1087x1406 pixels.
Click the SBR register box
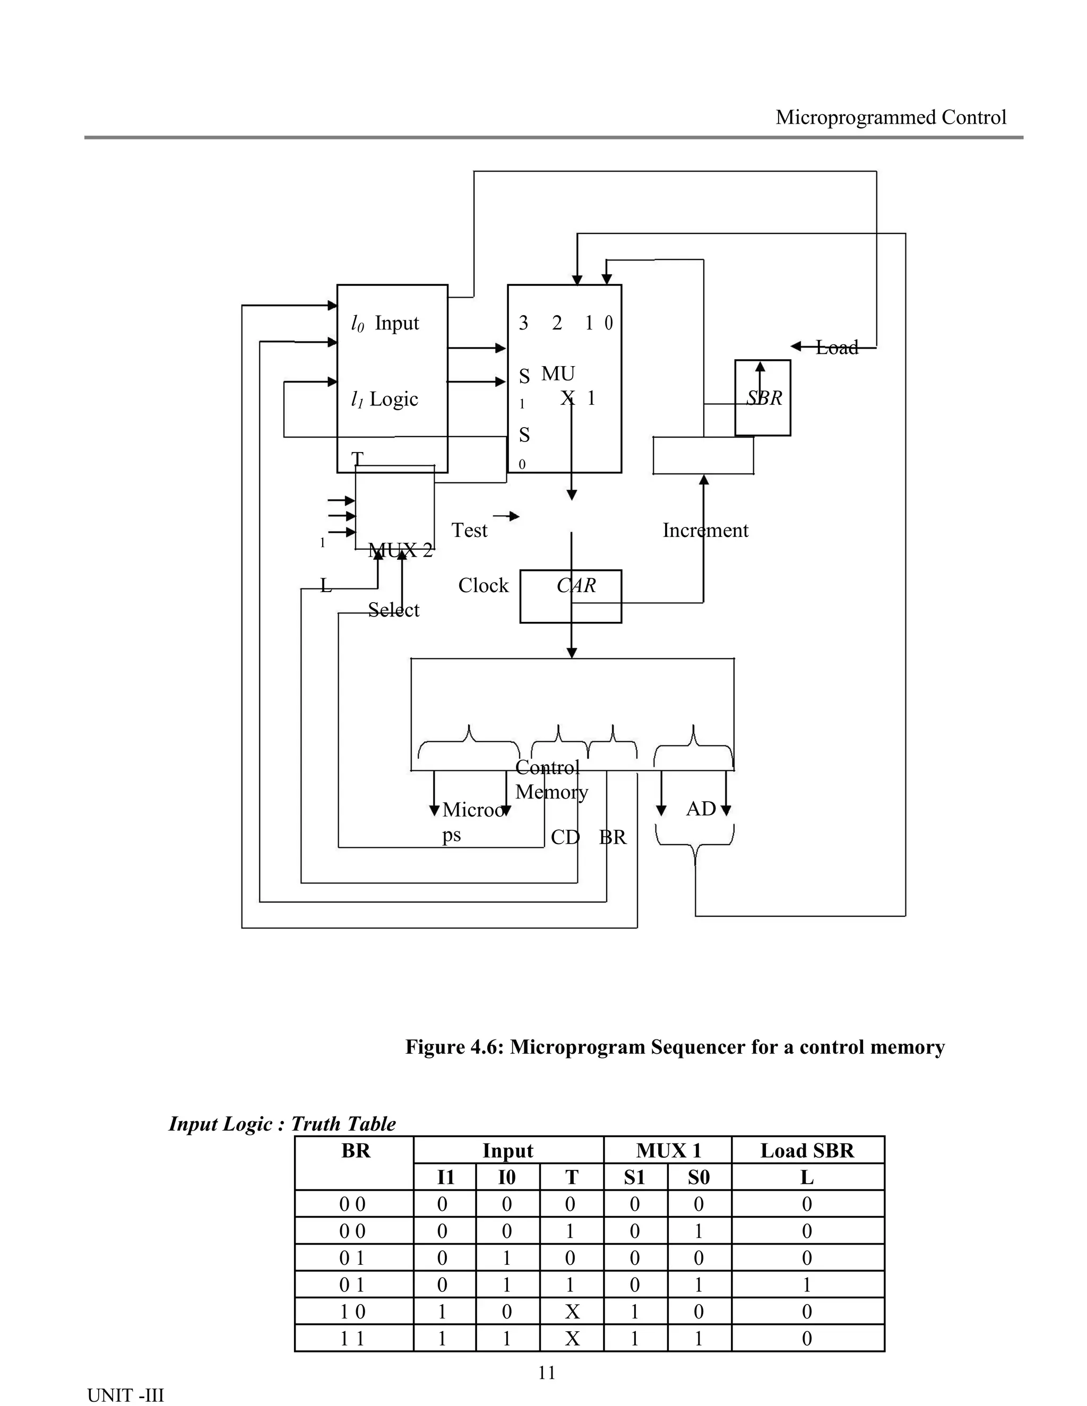coord(763,398)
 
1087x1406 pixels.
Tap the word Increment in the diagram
coord(705,531)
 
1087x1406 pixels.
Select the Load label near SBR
coord(836,348)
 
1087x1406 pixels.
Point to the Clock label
coord(483,585)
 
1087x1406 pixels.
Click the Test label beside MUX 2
coord(469,531)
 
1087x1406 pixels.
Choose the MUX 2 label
coord(400,550)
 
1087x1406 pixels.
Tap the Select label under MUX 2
coord(393,610)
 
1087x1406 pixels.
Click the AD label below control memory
coord(701,809)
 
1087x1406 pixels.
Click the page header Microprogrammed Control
coord(891,117)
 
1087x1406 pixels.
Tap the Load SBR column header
coord(807,1150)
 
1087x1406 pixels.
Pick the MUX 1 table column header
coord(668,1150)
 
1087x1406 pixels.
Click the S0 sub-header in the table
coord(698,1177)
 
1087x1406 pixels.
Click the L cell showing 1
coord(807,1285)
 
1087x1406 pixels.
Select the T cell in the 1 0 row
coord(572,1312)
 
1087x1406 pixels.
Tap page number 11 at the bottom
coord(546,1373)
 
